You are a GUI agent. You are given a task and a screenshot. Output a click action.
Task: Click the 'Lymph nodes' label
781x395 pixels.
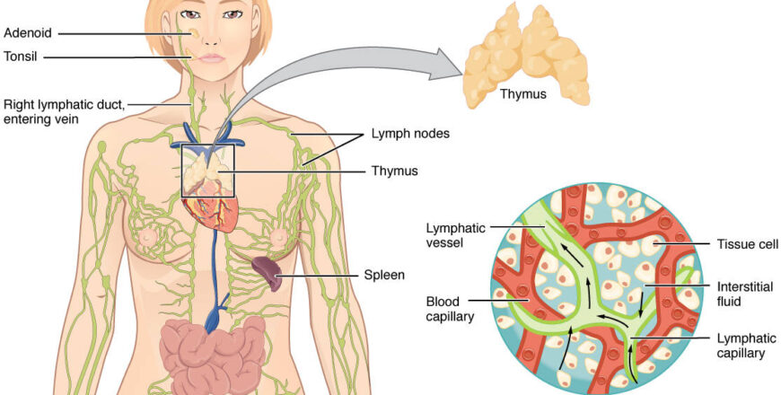click(x=410, y=135)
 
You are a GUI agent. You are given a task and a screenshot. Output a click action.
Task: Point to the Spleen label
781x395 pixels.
click(x=382, y=276)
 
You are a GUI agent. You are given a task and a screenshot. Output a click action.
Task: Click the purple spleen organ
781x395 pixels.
click(x=266, y=271)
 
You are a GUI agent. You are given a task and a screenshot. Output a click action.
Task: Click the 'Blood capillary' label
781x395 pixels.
click(x=452, y=309)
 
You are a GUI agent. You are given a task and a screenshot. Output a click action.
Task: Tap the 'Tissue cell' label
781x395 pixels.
click(x=748, y=243)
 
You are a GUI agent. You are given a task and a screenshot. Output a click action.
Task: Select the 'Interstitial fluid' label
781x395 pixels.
click(x=742, y=293)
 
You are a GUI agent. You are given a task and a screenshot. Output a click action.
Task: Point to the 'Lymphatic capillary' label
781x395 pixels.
click(x=742, y=346)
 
